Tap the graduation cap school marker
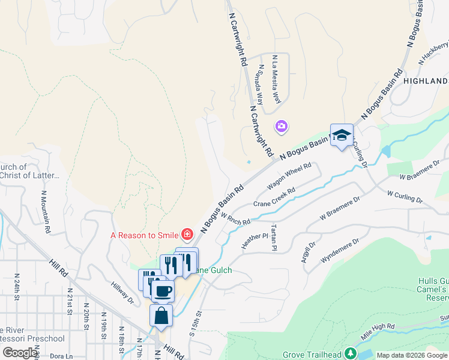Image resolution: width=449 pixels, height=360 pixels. click(342, 136)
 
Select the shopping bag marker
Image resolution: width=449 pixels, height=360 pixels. click(161, 316)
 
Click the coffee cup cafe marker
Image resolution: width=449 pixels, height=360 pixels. click(162, 292)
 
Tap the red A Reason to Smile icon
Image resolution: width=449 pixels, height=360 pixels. click(187, 234)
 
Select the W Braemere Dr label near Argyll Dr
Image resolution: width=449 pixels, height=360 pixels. click(339, 208)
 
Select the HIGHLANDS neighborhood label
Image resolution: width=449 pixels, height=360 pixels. click(426, 81)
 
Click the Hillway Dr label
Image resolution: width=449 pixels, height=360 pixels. click(122, 293)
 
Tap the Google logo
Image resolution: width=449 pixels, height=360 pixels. click(20, 353)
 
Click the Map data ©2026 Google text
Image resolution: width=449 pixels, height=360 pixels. click(411, 355)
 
